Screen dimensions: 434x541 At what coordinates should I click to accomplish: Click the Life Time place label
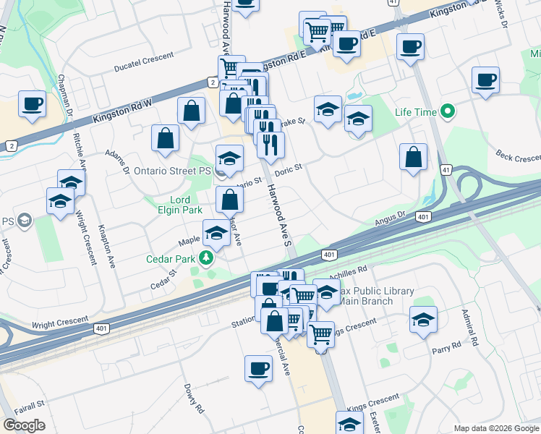point(416,112)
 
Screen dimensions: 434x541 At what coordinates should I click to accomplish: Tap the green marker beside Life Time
point(448,112)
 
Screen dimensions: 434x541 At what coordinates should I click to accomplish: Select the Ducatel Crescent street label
point(144,64)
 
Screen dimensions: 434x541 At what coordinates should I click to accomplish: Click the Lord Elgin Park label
point(169,205)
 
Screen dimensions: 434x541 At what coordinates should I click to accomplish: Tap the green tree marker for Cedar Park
point(208,258)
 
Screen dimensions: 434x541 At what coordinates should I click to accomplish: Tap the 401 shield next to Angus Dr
point(423,216)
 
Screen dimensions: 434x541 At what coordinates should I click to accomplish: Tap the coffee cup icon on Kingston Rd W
point(33,103)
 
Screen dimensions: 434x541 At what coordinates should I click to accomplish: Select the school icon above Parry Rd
point(423,319)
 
